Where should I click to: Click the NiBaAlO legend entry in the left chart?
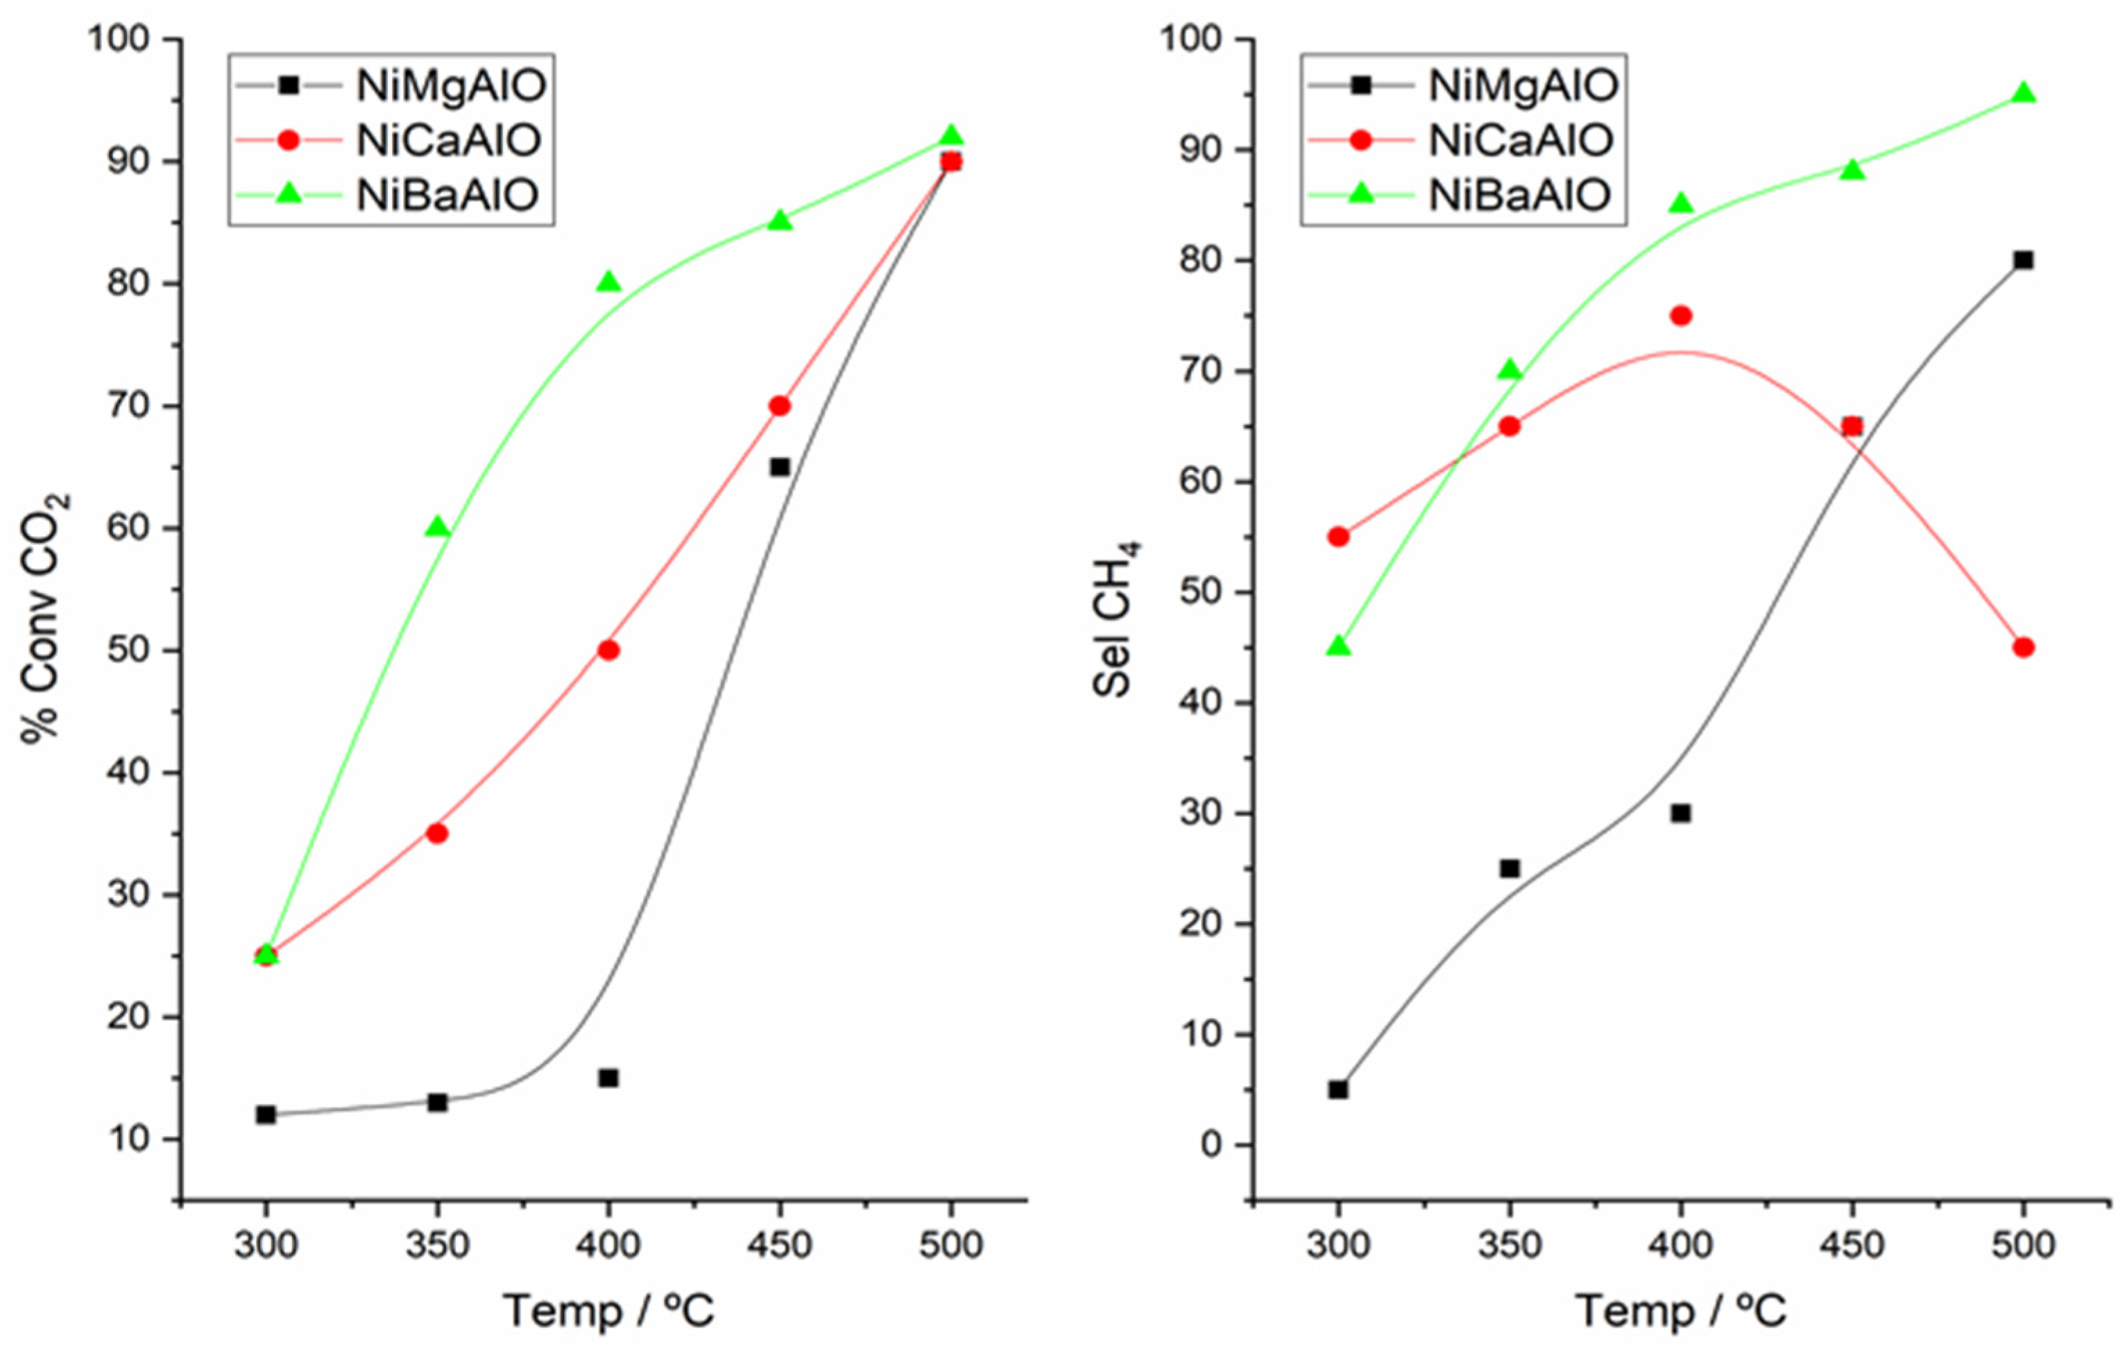click(447, 195)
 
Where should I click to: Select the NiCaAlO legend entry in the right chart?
click(1520, 140)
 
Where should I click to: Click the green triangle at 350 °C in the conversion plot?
click(437, 528)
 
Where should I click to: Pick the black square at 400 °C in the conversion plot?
click(608, 1078)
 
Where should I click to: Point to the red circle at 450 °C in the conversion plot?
click(779, 406)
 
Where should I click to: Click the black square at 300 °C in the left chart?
click(266, 1114)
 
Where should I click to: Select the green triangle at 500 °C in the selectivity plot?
click(2023, 94)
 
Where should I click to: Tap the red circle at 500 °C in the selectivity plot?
click(2023, 647)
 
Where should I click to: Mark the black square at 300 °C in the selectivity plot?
click(1338, 1090)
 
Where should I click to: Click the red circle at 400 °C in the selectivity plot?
click(1681, 316)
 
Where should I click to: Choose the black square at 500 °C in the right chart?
click(2023, 261)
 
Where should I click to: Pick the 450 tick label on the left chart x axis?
click(779, 1245)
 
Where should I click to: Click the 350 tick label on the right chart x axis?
click(1510, 1245)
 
